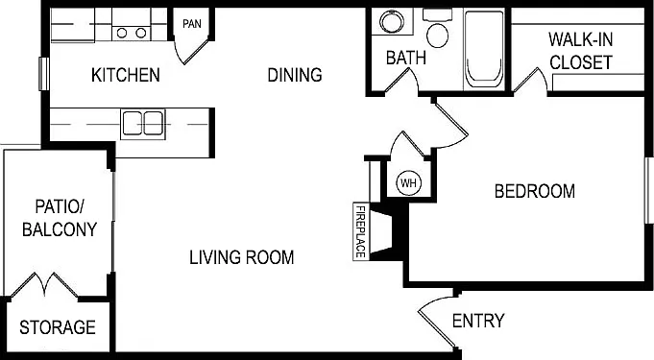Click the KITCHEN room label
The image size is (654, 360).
tap(126, 75)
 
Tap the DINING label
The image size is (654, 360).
tap(295, 75)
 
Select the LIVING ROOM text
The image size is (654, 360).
tap(241, 257)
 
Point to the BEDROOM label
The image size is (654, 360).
tap(535, 191)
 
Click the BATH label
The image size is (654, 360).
tap(406, 58)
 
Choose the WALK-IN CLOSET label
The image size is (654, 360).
tap(580, 51)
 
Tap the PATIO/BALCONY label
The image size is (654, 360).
tap(60, 218)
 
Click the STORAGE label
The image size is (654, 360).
tap(58, 327)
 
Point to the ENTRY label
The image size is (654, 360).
tap(478, 321)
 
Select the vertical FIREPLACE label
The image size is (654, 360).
tap(360, 231)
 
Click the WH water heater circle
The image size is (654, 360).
tap(409, 182)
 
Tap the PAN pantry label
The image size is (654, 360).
tap(192, 24)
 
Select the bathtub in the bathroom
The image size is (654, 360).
tap(483, 49)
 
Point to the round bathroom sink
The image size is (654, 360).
tap(392, 22)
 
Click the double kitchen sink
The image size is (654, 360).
tap(143, 124)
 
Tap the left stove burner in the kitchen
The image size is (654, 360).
tap(122, 33)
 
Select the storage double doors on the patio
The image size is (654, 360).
tap(44, 284)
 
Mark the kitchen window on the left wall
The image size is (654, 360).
tap(44, 74)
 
